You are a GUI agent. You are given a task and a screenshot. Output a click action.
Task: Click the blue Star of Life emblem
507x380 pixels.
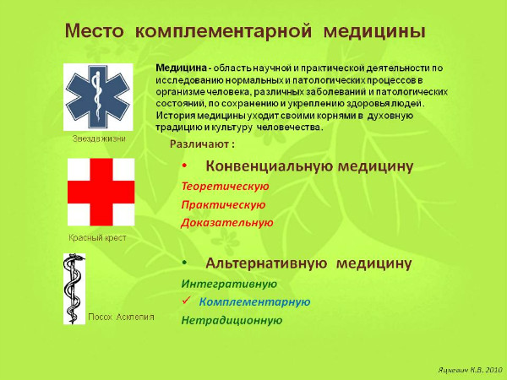[x=98, y=95]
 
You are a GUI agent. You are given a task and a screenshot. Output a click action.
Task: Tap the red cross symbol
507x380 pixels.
[x=101, y=193]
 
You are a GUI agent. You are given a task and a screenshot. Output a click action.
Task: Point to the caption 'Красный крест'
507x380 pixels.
[x=97, y=238]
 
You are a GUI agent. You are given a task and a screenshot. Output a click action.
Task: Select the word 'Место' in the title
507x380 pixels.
[x=93, y=32]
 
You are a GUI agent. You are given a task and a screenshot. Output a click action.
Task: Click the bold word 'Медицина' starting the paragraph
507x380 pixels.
[x=182, y=67]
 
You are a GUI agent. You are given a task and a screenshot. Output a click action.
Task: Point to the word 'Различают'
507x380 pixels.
[x=192, y=144]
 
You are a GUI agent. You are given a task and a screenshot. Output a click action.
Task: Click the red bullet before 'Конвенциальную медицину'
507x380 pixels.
[x=184, y=166]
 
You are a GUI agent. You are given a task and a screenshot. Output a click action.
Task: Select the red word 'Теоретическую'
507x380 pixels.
[x=225, y=186]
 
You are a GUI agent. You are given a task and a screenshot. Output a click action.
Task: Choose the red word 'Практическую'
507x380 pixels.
[x=223, y=204]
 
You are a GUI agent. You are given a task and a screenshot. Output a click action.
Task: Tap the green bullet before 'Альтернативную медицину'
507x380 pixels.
[x=184, y=263]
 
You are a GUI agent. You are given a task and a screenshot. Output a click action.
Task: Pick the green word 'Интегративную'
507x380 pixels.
[x=229, y=283]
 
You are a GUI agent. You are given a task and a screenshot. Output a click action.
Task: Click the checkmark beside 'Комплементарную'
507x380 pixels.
[x=186, y=301]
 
